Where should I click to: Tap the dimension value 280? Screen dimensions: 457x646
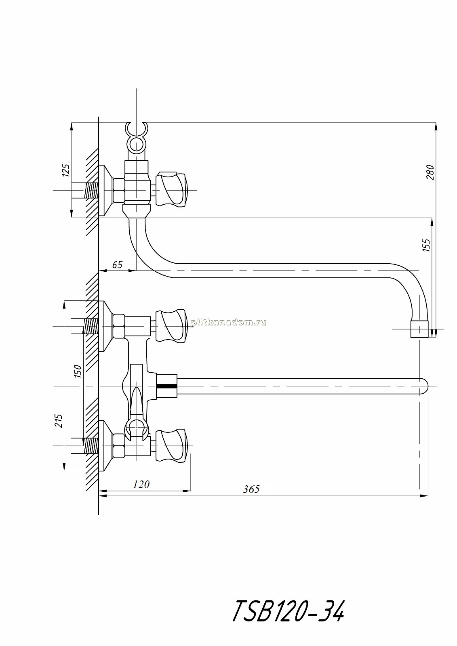point(430,172)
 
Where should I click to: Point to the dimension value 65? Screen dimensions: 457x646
point(117,264)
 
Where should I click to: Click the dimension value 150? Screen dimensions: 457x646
point(78,371)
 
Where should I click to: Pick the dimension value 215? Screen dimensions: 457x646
point(59,421)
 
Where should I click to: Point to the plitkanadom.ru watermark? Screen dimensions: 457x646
point(229,323)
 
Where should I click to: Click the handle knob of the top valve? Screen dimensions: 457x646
point(171,189)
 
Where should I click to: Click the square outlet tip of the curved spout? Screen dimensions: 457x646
point(419,329)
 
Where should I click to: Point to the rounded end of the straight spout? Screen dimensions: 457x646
point(423,386)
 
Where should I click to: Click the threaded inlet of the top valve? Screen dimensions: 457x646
point(92,190)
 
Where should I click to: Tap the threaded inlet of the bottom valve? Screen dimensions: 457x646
point(91,446)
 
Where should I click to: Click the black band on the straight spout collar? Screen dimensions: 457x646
point(167,386)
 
